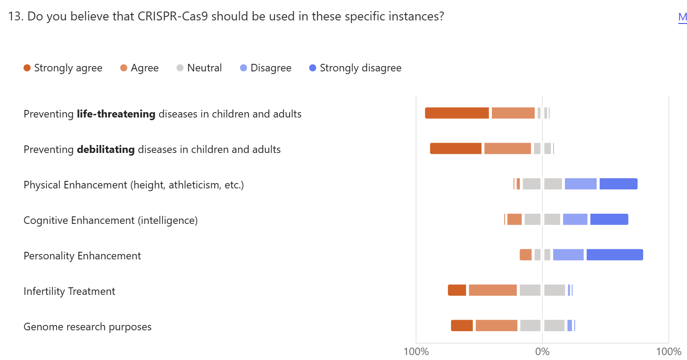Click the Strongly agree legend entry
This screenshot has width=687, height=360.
point(63,68)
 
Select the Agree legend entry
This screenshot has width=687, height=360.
point(139,68)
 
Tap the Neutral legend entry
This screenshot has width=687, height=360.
point(199,68)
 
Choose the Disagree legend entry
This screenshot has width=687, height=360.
point(266,68)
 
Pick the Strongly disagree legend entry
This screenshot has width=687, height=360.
point(355,68)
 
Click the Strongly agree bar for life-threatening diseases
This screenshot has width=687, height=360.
point(457,113)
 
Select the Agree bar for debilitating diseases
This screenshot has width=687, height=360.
point(507,149)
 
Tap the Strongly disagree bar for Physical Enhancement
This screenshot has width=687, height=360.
point(618,184)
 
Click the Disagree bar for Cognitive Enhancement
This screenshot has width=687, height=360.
point(575,219)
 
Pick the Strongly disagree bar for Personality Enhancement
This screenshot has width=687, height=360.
point(615,255)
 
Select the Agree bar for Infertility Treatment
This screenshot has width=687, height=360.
point(493,290)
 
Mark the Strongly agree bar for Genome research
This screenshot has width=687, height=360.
point(462,326)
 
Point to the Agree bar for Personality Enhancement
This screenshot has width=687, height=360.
point(526,255)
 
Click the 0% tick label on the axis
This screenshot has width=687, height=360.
point(542,352)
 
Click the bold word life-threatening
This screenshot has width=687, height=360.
point(116,114)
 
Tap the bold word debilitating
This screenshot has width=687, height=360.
point(106,149)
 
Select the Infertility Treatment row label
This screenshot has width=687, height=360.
point(69,291)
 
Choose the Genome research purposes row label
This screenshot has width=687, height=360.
point(87,327)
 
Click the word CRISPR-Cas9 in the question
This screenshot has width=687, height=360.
point(173,16)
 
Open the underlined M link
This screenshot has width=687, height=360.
point(682,17)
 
